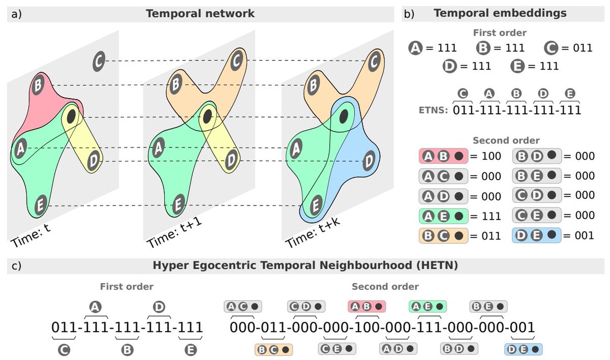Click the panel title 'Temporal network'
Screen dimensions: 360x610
[x=200, y=14]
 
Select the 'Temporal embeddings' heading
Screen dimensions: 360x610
[x=500, y=14]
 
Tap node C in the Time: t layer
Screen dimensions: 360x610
[x=99, y=62]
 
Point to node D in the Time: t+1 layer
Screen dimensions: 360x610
[x=231, y=160]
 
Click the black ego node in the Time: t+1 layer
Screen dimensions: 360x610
[x=207, y=117]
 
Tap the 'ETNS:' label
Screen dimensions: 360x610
[x=432, y=109]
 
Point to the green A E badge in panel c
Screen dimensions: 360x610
[x=428, y=306]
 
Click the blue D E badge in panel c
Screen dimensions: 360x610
[x=524, y=349]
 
